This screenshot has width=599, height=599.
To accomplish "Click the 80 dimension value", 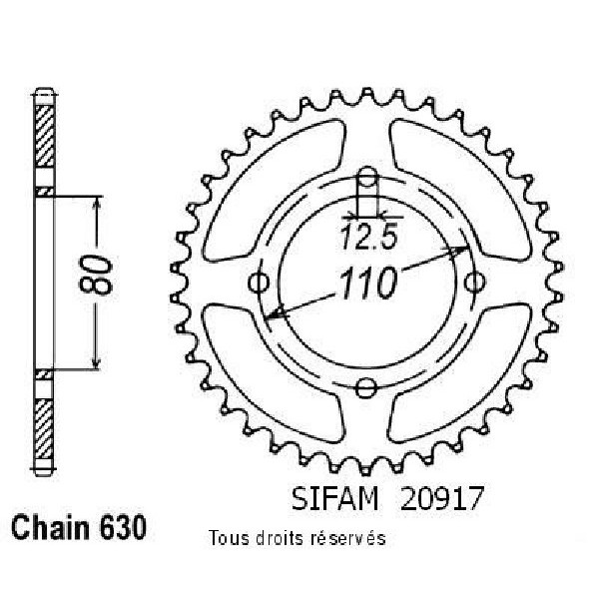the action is pos(96,276).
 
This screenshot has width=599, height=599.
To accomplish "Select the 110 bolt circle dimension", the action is pos(367,284).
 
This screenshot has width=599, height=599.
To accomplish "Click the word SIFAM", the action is pos(334,498).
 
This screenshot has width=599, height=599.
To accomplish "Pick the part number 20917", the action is pos(442,498).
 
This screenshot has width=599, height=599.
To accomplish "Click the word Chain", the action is pos(50,527).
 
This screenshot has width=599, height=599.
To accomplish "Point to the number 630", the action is pos(123,527).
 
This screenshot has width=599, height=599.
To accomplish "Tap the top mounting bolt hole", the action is pos(366,177).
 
